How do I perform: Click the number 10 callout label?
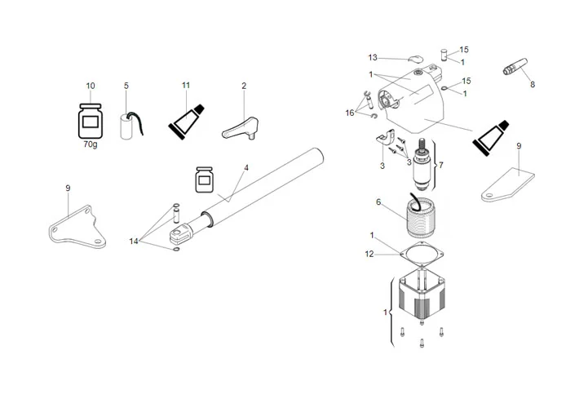pyautogui.click(x=90, y=86)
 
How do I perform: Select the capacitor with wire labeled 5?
pyautogui.click(x=128, y=126)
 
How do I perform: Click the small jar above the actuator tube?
pyautogui.click(x=204, y=180)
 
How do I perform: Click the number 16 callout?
pyautogui.click(x=350, y=113)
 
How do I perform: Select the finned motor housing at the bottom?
pyautogui.click(x=421, y=301)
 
